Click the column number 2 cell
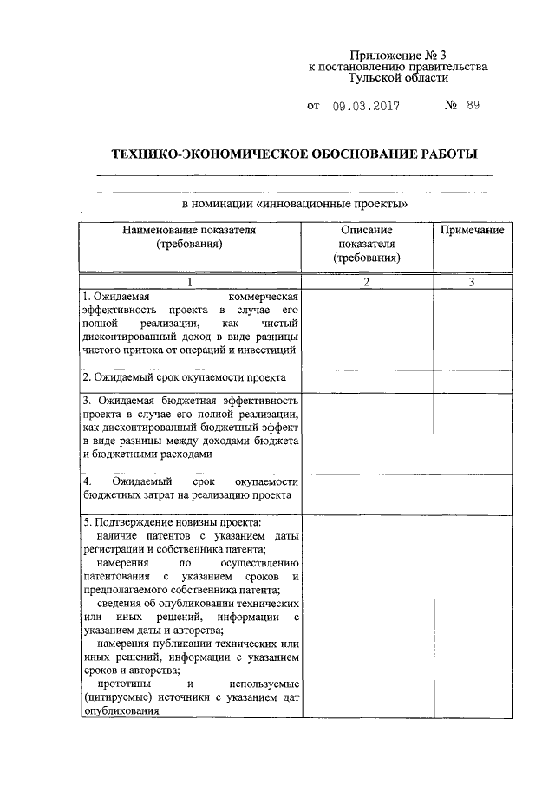(x=366, y=282)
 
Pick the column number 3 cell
(x=472, y=282)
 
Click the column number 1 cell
(x=190, y=282)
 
